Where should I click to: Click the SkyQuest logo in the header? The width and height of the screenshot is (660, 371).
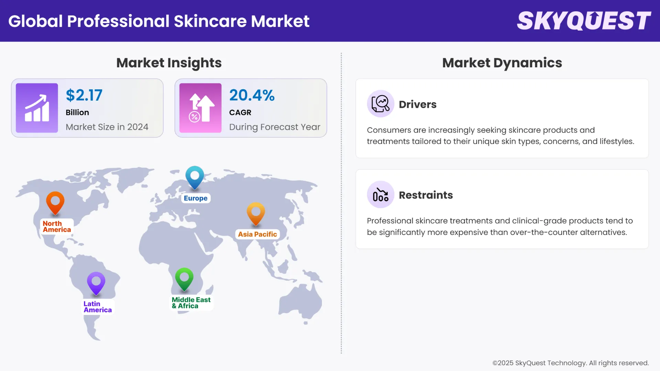pos(584,21)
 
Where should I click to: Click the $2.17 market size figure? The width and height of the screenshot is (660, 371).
pos(84,95)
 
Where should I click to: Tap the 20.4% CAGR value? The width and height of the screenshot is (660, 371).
pos(252,95)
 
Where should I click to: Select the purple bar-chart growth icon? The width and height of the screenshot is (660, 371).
pos(37,108)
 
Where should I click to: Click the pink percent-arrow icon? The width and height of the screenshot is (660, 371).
pos(200,108)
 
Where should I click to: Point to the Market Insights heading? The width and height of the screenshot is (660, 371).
pos(169,63)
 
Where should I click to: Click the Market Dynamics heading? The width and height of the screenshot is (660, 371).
pos(502,63)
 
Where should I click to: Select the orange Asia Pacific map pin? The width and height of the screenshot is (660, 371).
pos(256,213)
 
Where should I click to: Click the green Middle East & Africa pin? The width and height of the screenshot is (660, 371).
pos(184,278)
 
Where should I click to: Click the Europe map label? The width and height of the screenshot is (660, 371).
pos(196,198)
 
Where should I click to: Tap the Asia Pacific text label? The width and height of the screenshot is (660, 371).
pos(257,234)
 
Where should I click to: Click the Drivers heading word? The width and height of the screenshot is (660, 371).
pos(417,104)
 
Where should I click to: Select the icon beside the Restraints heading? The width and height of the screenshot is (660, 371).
pos(380,195)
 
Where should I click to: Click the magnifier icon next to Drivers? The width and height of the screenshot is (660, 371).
pos(380,104)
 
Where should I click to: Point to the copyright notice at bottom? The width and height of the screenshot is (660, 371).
pos(570,363)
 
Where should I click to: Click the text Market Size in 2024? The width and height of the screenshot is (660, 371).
pos(107,127)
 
